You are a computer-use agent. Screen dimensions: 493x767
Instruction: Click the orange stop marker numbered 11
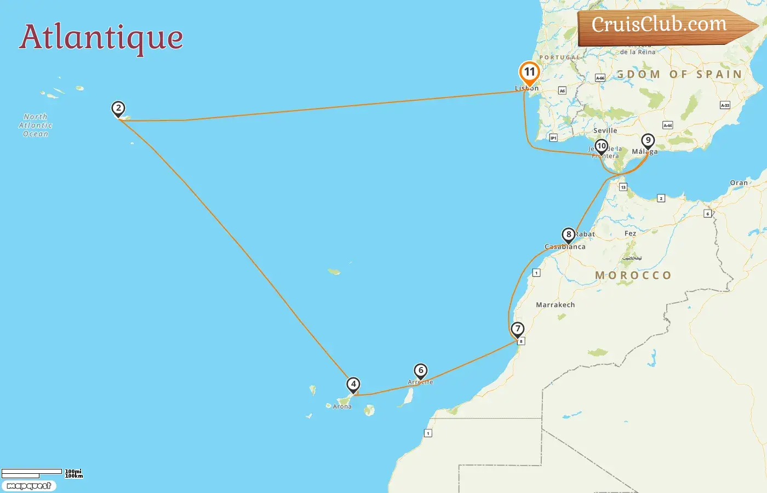coord(529,72)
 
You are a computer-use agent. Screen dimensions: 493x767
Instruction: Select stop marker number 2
coord(118,108)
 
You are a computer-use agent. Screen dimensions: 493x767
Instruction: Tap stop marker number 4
coord(353,385)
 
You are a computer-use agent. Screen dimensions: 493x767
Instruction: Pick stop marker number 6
coord(421,371)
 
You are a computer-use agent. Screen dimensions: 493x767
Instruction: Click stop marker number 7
coord(518,329)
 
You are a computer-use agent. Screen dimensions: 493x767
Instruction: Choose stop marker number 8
coord(569,235)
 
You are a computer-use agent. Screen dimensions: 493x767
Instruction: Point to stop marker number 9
coord(648,141)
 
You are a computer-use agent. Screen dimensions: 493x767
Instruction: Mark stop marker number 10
coord(602,146)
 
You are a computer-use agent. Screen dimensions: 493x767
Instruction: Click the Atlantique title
coord(101,37)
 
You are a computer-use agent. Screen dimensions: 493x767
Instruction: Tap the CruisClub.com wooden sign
coord(663,26)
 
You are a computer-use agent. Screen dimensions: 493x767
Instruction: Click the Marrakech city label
coord(556,305)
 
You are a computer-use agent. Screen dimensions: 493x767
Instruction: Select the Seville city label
coord(605,131)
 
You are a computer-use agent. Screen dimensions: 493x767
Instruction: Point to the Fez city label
coord(631,233)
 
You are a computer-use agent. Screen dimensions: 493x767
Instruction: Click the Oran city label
coord(739,183)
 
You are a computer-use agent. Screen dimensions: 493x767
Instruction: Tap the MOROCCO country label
coord(633,276)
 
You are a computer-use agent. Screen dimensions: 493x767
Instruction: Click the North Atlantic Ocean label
coord(36,125)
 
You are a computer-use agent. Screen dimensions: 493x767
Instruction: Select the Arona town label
coord(342,406)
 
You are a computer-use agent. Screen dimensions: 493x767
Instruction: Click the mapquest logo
coord(29,486)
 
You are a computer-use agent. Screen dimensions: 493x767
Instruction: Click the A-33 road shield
coord(725,105)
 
